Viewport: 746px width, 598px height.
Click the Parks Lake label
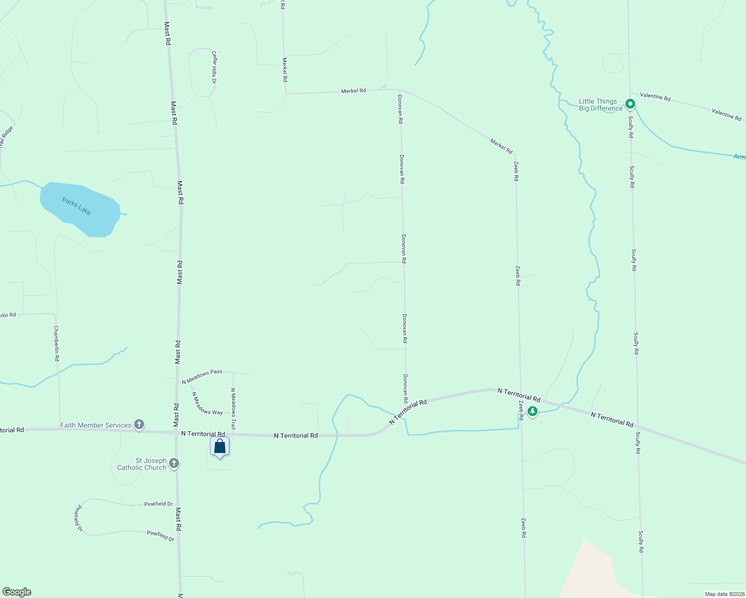point(77,206)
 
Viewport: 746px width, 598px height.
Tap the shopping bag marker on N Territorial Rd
point(219,447)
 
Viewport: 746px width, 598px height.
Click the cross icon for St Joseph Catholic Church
point(174,464)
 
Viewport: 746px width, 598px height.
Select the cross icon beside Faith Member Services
point(139,425)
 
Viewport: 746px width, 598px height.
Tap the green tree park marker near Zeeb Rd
point(533,412)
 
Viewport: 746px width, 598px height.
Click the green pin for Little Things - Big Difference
point(630,104)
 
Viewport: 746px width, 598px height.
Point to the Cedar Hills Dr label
point(214,66)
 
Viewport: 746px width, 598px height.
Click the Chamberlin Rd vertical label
point(57,343)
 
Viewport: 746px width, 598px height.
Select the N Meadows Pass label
point(202,377)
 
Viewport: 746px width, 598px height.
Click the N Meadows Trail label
point(233,409)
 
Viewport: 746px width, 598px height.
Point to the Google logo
point(17,592)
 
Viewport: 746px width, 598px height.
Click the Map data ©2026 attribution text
point(724,594)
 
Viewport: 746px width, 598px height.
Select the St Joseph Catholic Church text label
point(142,464)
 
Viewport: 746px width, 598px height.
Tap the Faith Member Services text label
point(96,425)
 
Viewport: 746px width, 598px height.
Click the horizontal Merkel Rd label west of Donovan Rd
point(353,91)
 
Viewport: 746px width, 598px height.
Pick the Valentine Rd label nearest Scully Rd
point(655,96)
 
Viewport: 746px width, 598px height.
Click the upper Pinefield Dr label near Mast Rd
point(159,504)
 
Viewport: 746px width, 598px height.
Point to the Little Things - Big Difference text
point(600,105)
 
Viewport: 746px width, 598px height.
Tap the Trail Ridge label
point(6,137)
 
